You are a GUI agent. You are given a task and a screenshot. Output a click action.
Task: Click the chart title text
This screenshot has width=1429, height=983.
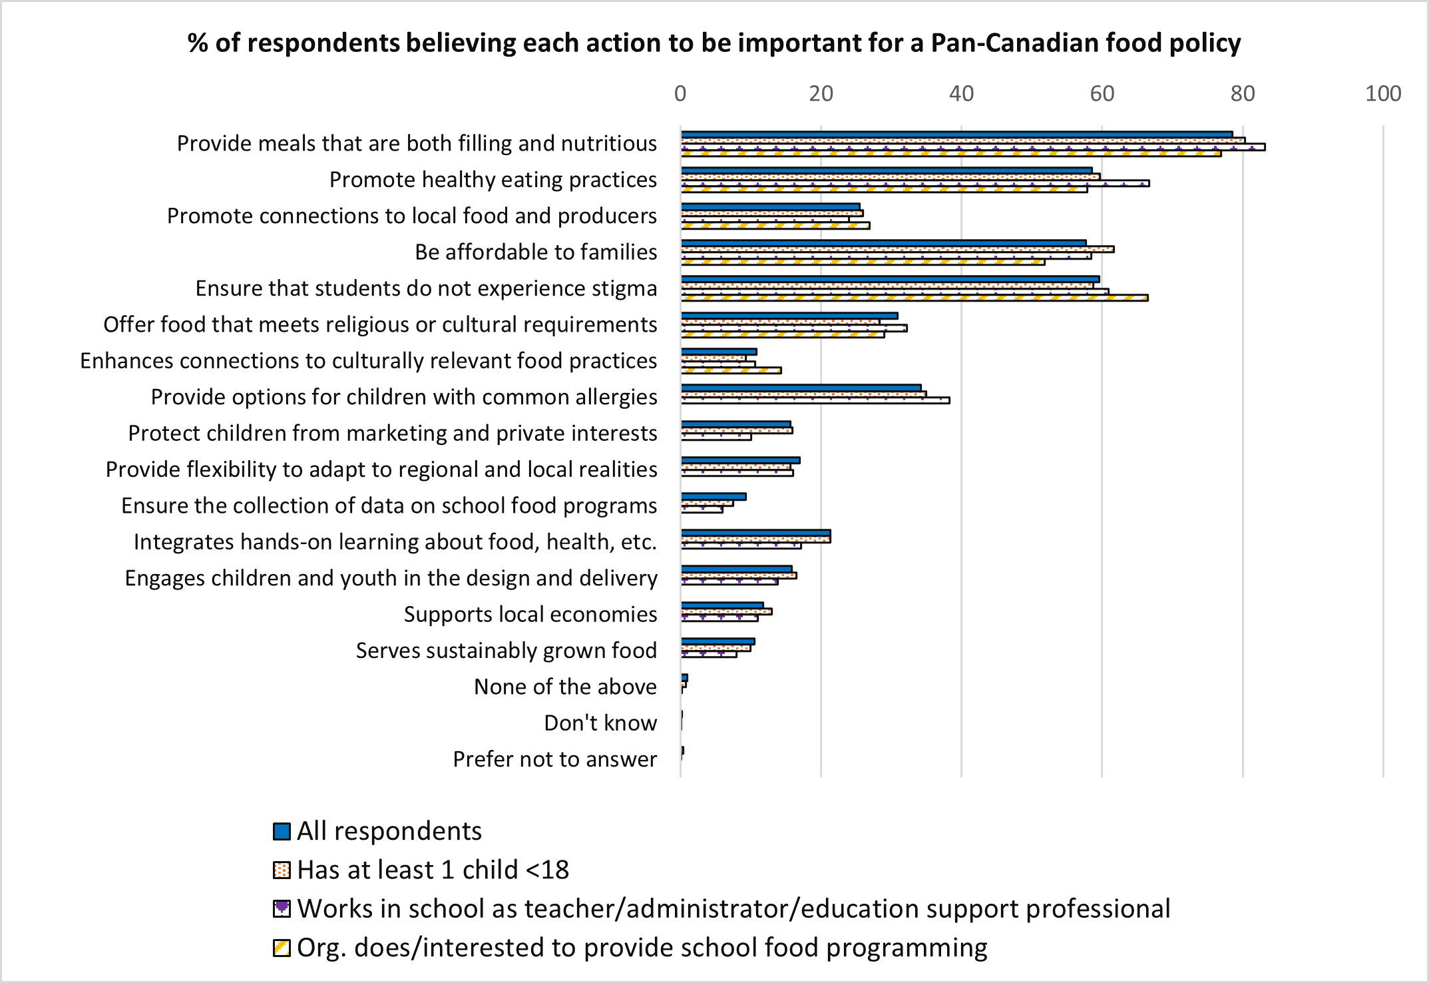pos(714,43)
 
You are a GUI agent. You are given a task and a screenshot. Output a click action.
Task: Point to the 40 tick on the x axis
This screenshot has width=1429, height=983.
pos(961,94)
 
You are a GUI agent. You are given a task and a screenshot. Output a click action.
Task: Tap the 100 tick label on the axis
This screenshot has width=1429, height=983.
pos(1382,94)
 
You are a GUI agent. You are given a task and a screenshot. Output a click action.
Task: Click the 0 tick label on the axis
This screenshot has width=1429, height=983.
pos(680,94)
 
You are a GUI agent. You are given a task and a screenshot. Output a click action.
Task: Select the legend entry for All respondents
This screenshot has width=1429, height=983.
pos(389,831)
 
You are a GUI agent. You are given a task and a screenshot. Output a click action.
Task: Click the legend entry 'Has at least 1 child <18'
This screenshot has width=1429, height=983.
pos(433,870)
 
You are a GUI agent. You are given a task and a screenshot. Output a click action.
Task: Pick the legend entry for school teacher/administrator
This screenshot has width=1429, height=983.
pos(733,908)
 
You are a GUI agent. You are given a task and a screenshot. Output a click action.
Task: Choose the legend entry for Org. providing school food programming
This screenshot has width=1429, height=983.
pos(642,947)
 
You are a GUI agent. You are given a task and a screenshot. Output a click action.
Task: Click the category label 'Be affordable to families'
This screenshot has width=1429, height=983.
pos(536,252)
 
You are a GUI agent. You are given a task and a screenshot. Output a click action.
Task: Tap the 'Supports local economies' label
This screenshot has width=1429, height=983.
pos(530,614)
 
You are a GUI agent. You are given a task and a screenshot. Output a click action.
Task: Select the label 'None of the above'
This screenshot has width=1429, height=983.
pos(565,687)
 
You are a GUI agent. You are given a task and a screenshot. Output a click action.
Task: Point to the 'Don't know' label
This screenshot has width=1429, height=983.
pos(600,723)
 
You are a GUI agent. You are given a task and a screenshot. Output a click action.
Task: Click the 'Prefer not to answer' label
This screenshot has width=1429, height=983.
pos(554,759)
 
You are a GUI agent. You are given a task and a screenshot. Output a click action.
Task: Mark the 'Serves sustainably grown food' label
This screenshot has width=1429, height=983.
pos(506,651)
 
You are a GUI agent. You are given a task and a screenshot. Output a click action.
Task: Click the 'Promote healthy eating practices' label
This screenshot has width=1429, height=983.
pos(493,180)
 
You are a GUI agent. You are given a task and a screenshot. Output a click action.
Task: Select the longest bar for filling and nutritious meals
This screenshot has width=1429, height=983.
pos(972,147)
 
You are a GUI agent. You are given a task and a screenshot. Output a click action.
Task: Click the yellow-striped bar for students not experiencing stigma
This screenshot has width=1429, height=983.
pos(914,298)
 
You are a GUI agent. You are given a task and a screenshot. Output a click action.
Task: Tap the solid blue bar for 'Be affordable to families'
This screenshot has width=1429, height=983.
pos(883,243)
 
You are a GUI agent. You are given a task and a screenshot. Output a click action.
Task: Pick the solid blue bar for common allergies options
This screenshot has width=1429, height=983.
pos(801,388)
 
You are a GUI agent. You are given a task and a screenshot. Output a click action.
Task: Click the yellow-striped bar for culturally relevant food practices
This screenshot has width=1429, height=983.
pos(731,370)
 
